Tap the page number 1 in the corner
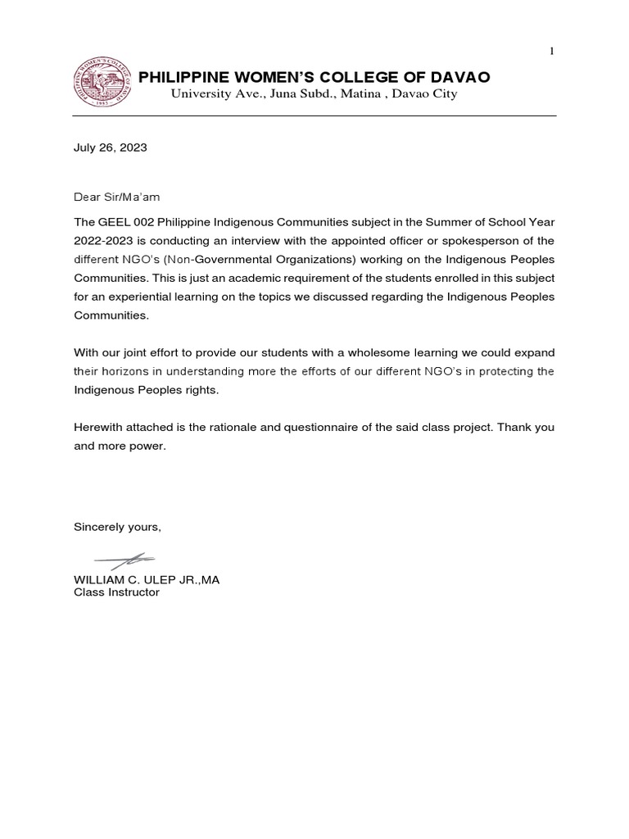551,52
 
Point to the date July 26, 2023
111,148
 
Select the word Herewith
99,429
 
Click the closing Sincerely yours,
117,527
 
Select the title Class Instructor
116,592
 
